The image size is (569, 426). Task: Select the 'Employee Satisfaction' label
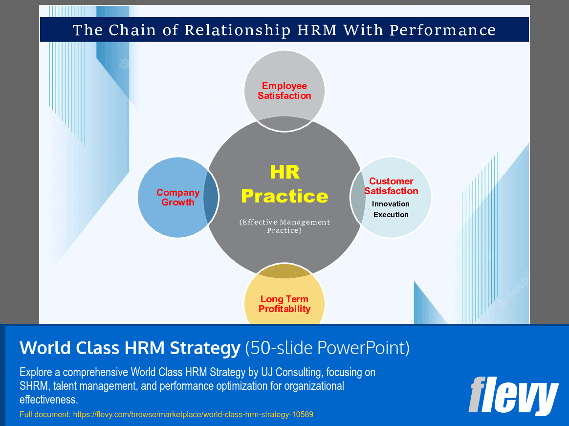(284, 91)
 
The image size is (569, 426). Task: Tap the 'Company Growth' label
(178, 198)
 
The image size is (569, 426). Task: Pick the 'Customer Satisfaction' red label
(391, 186)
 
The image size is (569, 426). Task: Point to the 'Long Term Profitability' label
(284, 304)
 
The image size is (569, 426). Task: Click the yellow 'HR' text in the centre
(284, 172)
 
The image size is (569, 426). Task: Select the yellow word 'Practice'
(284, 196)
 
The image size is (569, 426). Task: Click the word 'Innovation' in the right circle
(391, 204)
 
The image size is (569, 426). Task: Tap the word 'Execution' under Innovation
(391, 215)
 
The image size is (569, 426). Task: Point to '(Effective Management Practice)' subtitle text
(284, 226)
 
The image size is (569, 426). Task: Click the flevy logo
(513, 395)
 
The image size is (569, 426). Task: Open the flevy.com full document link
(193, 415)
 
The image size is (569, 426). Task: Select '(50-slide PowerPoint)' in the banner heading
(327, 348)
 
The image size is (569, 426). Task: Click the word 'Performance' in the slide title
(442, 30)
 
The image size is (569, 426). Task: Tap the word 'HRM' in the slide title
(317, 30)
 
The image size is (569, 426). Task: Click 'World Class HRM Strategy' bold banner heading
(130, 348)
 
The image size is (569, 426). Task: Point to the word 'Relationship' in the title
(237, 30)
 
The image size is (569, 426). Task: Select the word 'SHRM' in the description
(32, 386)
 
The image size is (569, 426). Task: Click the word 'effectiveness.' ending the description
(49, 400)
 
